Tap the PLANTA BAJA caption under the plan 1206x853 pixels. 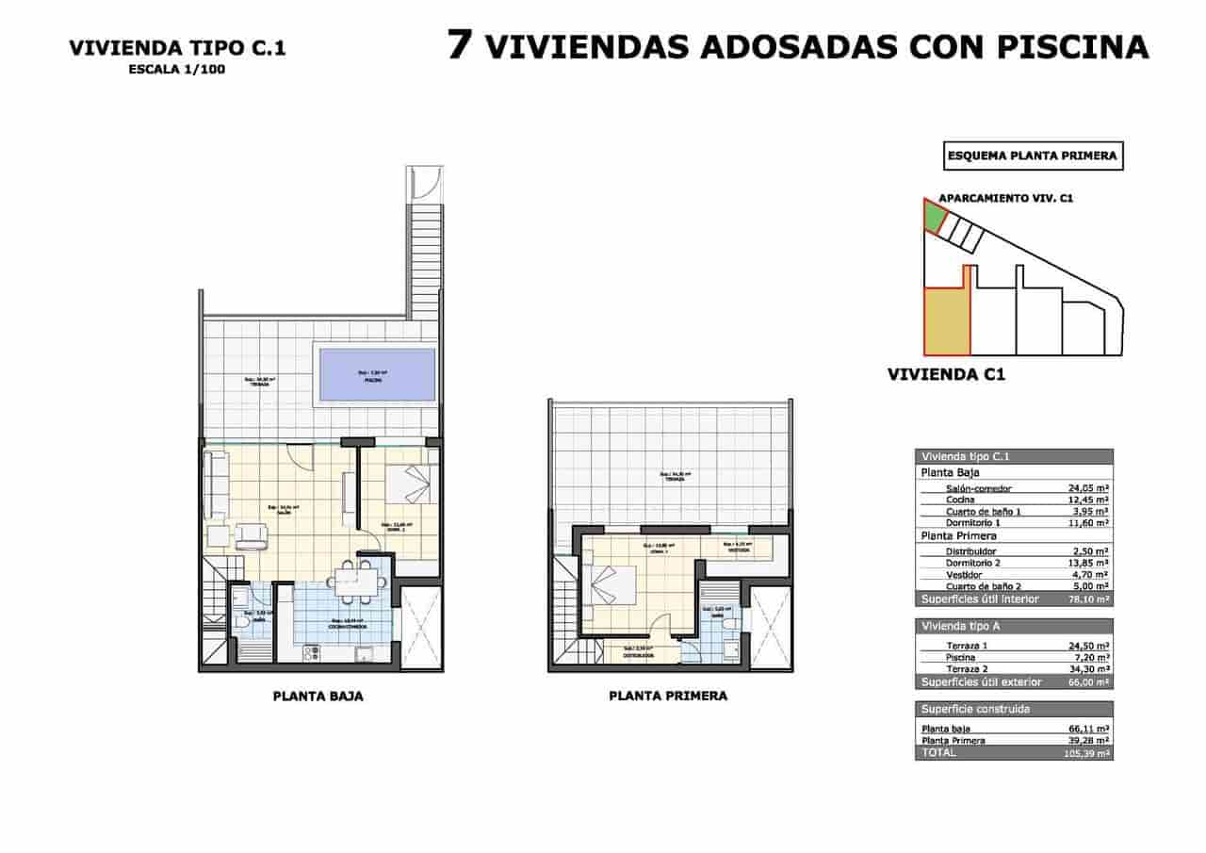(318, 697)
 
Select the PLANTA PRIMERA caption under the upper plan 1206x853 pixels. (668, 696)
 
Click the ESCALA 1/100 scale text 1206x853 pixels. (177, 69)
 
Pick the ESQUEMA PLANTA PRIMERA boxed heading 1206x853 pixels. (1034, 156)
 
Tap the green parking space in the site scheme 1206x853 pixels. (933, 218)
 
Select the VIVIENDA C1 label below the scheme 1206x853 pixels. (947, 374)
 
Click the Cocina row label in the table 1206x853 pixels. (962, 500)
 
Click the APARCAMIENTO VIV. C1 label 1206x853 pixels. (1007, 199)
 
